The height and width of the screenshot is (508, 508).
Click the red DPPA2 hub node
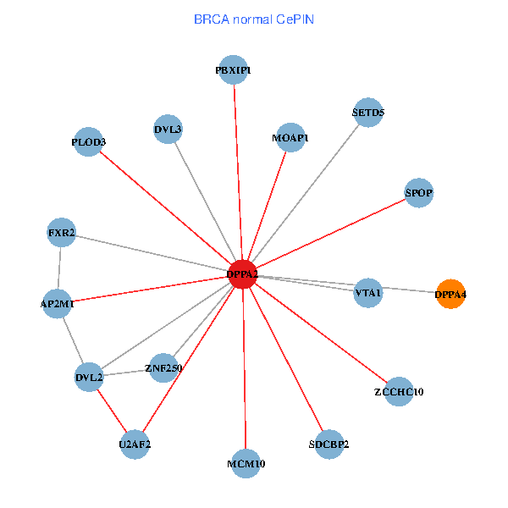click(242, 274)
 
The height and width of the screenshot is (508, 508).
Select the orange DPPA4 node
click(450, 295)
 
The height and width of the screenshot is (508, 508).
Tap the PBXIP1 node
click(233, 70)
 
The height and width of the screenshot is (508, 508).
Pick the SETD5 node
click(368, 113)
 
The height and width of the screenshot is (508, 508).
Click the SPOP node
click(419, 193)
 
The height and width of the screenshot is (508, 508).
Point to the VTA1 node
click(368, 292)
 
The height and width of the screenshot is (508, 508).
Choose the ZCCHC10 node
click(399, 392)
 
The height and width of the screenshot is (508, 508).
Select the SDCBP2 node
click(329, 444)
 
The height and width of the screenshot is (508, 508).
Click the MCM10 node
click(246, 463)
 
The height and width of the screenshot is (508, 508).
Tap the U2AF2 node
click(135, 444)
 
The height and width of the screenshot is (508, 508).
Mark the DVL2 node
click(89, 377)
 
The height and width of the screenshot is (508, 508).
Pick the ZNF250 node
click(163, 367)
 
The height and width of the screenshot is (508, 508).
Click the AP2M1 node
click(57, 303)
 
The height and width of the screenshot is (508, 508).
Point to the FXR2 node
click(61, 233)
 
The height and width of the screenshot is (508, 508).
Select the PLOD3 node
click(89, 142)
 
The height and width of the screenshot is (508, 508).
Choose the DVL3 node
click(168, 130)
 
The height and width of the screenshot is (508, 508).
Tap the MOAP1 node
click(290, 137)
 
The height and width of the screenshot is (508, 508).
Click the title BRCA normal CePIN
click(253, 19)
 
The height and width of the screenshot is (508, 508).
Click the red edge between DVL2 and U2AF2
click(112, 411)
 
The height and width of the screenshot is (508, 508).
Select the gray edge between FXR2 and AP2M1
click(59, 268)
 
